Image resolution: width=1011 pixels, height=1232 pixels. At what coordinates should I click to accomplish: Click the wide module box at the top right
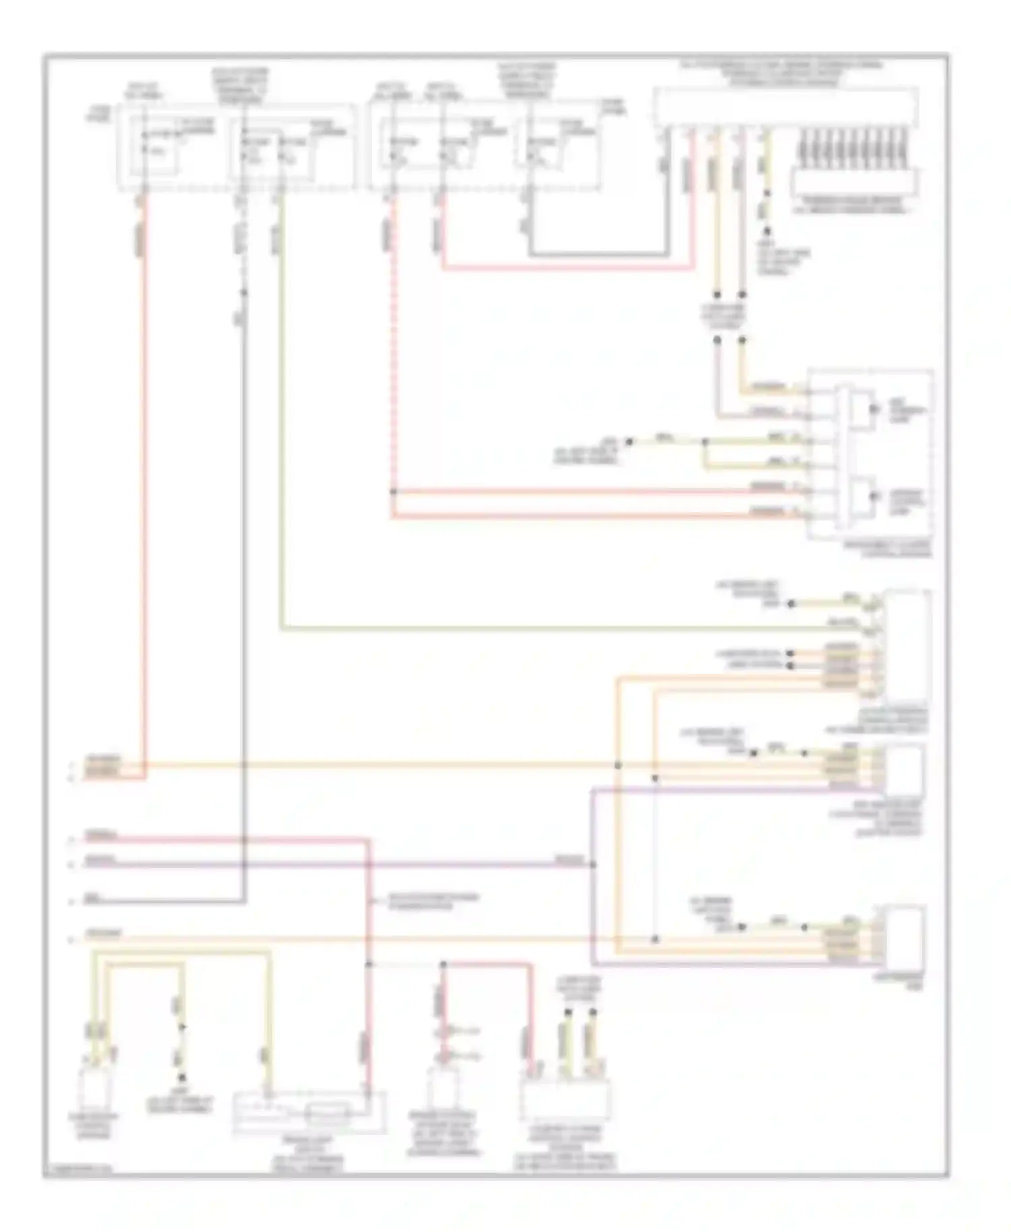click(786, 106)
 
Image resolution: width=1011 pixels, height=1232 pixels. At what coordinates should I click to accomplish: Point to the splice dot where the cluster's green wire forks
click(705, 443)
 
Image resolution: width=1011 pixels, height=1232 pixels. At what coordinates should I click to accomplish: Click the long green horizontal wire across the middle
click(539, 629)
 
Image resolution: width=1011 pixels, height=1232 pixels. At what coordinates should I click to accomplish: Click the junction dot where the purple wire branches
click(592, 865)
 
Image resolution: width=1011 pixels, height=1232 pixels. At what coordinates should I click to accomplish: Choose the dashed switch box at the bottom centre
click(309, 1113)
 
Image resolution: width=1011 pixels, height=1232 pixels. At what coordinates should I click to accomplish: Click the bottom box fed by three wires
click(565, 1099)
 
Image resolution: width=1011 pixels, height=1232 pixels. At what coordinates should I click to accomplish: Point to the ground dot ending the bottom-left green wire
click(182, 1027)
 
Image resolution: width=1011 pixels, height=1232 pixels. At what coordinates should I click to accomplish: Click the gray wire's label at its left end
click(90, 898)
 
